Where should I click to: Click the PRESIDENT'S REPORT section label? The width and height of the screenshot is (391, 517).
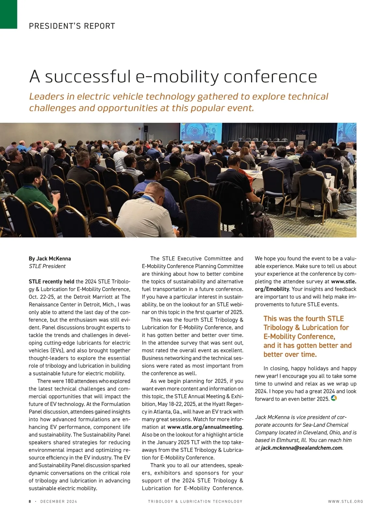72,26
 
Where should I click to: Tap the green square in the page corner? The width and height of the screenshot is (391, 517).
8,14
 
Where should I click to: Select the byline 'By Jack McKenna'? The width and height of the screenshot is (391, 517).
50,259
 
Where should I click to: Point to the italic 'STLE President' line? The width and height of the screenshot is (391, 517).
47,266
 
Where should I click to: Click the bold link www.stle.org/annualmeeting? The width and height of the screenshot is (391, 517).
205,427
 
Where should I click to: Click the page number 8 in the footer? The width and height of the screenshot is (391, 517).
30,502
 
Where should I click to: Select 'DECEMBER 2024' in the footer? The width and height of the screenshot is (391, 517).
59,502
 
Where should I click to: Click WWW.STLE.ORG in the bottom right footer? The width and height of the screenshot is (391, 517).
345,502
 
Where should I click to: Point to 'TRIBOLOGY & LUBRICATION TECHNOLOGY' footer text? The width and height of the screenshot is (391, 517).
195,502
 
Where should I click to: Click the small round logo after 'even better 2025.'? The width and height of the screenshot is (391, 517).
334,398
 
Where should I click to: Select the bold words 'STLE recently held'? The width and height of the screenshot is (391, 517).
51,282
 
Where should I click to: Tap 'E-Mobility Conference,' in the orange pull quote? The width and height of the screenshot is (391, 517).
299,337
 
